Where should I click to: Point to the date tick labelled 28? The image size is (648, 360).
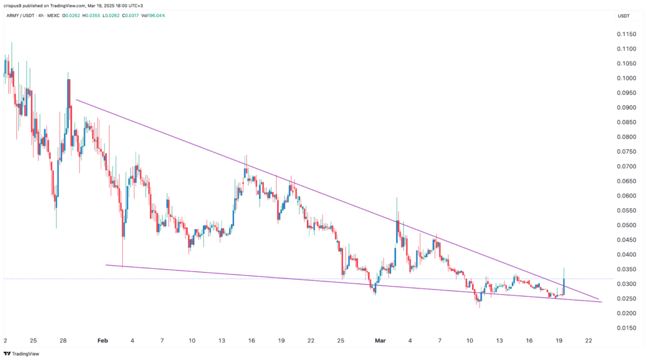pos(64,340)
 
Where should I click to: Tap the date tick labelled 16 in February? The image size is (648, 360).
pos(251,340)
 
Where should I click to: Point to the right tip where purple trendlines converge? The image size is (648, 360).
pos(600,300)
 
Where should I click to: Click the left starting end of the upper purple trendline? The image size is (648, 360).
pos(76,99)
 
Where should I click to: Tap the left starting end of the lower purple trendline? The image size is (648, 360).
pos(106,265)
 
